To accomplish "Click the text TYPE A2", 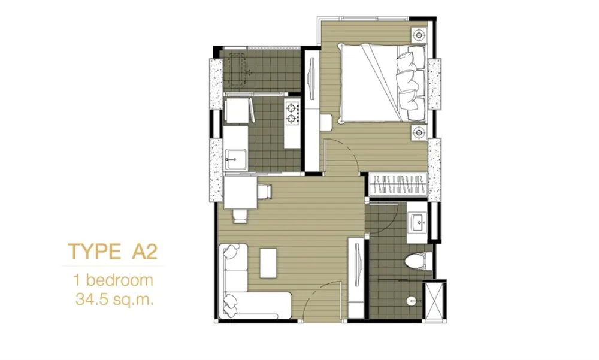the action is (113, 252).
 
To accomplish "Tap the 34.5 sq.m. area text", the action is (114, 300).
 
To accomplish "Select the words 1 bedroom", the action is (114, 280).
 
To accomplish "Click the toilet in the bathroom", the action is (418, 261).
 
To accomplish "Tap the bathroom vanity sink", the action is (416, 222).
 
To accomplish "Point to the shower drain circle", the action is (411, 300).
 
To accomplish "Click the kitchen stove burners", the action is (292, 113).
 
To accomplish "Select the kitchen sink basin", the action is (235, 159).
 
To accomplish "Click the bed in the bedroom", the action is (383, 83).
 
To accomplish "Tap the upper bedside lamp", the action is (419, 35).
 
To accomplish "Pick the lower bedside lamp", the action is (419, 132).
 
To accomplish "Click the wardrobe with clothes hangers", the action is (398, 184).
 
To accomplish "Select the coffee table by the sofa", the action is (268, 263).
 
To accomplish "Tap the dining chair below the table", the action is (240, 216).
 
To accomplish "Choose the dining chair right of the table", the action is (264, 192).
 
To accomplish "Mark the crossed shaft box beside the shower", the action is (435, 301).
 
